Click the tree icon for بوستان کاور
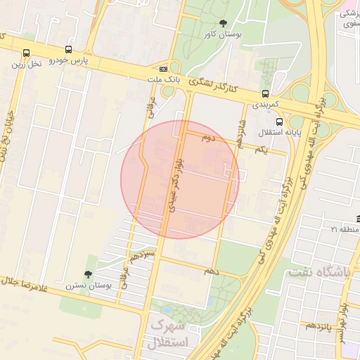[224, 23]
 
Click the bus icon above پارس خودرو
[68, 50]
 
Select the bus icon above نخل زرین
[26, 53]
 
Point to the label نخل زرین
[26, 63]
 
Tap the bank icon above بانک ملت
[164, 69]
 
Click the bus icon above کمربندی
[265, 93]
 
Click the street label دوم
[207, 139]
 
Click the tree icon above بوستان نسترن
[88, 275]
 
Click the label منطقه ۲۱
[343, 229]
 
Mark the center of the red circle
[180, 179]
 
